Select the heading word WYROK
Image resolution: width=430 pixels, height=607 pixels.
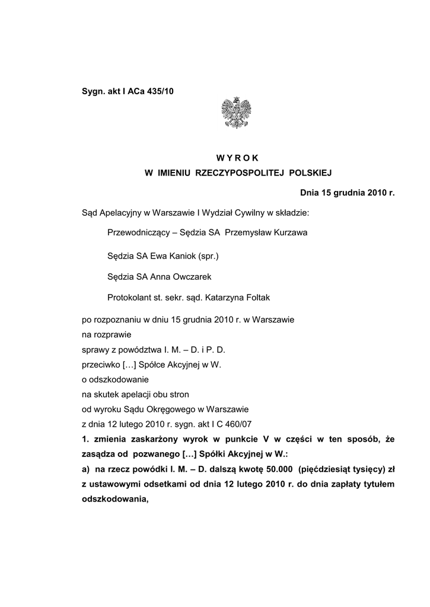[x=238, y=157]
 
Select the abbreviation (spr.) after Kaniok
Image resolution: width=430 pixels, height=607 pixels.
[x=209, y=256]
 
